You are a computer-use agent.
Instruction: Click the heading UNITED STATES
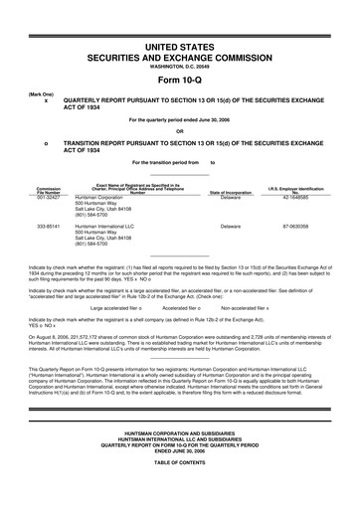click(x=180, y=47)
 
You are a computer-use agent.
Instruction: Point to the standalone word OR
click(x=180, y=131)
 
